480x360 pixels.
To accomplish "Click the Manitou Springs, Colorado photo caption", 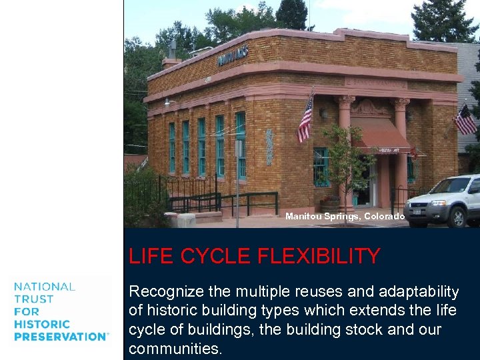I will pos(345,217).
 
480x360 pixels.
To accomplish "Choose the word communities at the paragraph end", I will pos(175,349).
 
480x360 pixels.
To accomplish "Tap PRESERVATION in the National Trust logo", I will pos(61,337).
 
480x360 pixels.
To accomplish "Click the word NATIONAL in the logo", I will pos(45,287).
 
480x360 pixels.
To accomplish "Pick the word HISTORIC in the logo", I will pos(41,324).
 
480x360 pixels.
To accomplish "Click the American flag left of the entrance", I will pos(305,121).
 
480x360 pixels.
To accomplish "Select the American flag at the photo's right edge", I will pos(465,120).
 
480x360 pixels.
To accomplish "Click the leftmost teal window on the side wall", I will pos(171,147).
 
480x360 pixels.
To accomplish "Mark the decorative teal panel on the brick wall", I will pos(269,147).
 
